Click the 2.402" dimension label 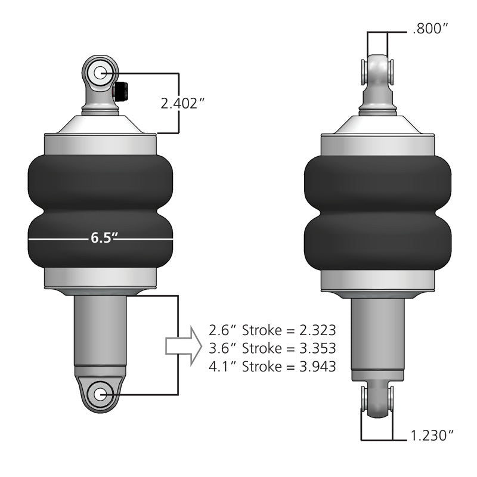pos(183,103)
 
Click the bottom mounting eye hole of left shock pos(100,394)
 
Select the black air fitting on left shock pos(120,91)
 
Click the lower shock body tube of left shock pos(100,331)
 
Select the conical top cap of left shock pos(100,124)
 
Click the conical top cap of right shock pos(377,124)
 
